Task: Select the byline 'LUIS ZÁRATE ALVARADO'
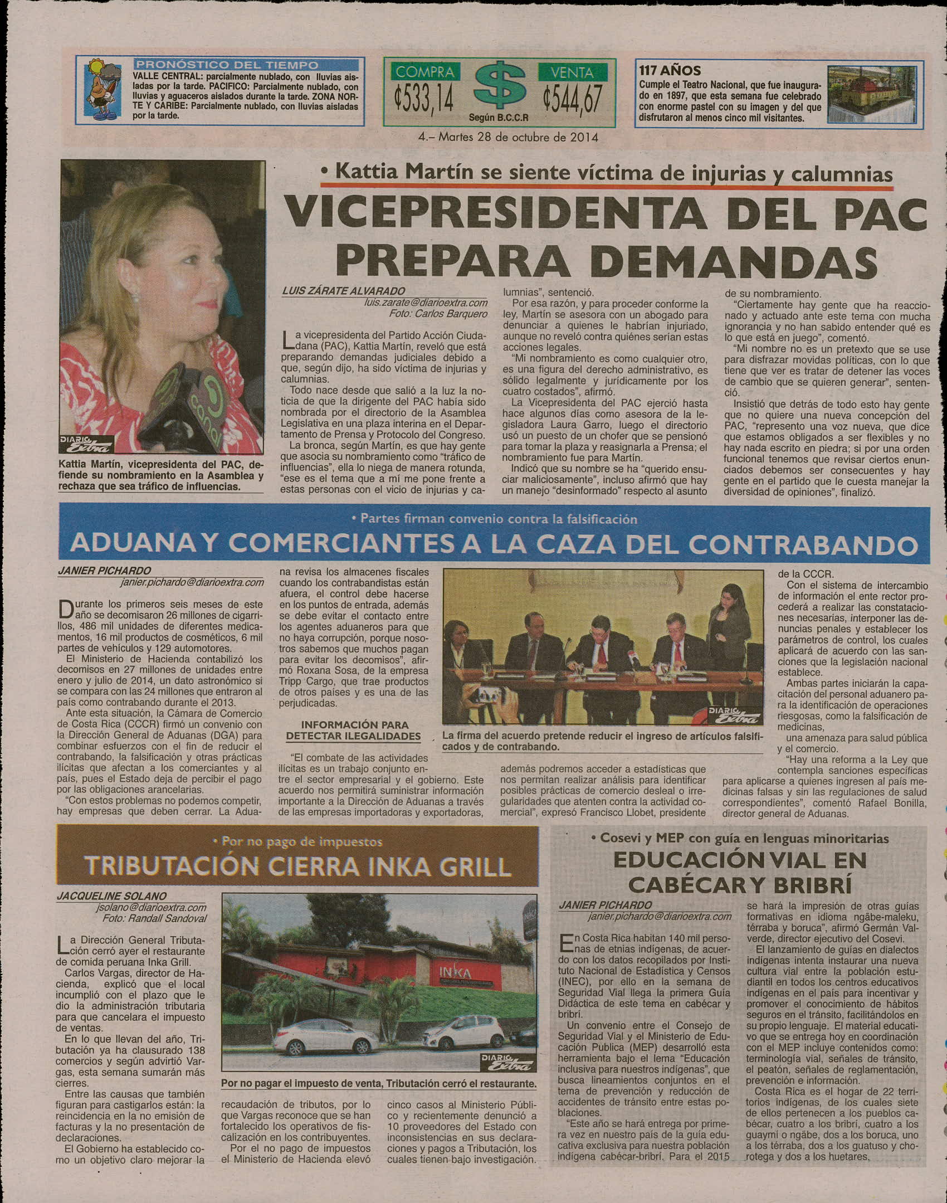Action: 344,291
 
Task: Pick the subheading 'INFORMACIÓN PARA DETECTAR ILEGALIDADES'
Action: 354,730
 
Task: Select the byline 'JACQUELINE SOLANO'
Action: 111,896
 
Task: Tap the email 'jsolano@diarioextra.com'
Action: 150,907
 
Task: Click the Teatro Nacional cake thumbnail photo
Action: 871,94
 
